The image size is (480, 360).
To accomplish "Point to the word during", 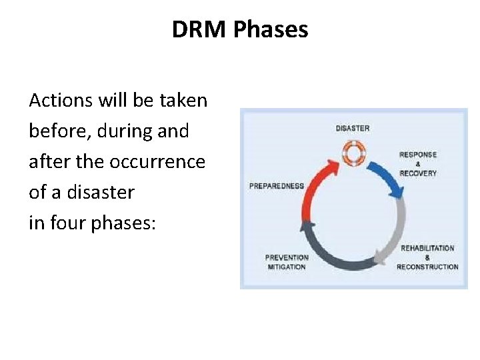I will (x=123, y=131).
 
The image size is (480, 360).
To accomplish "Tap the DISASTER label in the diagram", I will (x=353, y=129).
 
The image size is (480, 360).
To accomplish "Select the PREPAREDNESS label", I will (x=276, y=186).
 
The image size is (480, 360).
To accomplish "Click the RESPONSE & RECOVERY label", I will (x=418, y=164).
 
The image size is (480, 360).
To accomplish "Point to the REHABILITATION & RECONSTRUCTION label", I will (x=427, y=257).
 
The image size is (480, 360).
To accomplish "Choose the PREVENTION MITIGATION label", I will (x=287, y=262).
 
